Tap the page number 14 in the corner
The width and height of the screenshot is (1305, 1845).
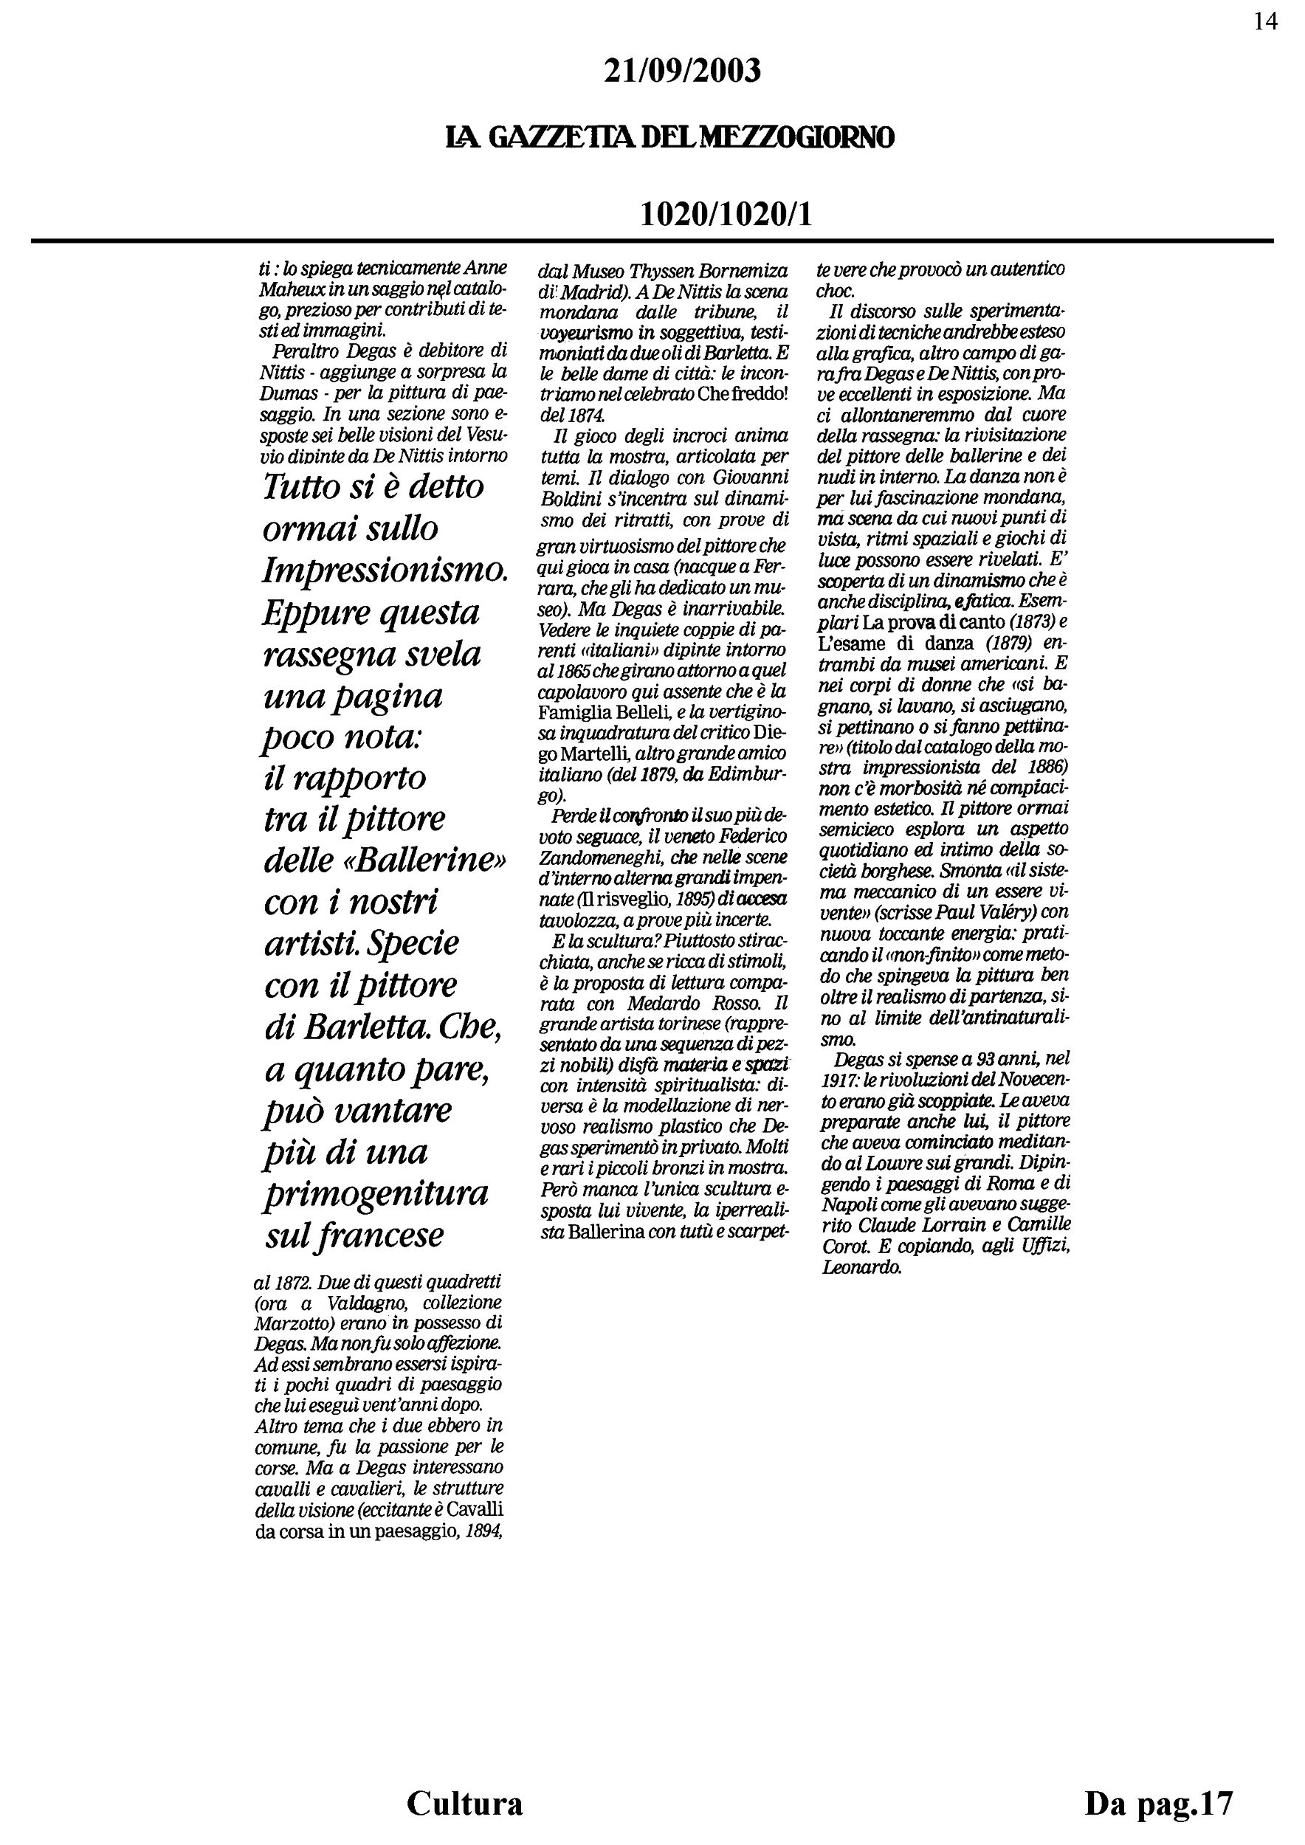pyautogui.click(x=1265, y=21)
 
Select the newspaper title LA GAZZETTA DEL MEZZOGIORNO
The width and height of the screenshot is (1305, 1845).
pyautogui.click(x=669, y=139)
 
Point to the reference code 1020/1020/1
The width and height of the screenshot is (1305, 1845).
pyautogui.click(x=726, y=214)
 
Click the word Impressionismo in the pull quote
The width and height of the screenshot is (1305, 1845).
pyautogui.click(x=385, y=571)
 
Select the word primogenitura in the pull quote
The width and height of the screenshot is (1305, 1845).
pyautogui.click(x=375, y=1193)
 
